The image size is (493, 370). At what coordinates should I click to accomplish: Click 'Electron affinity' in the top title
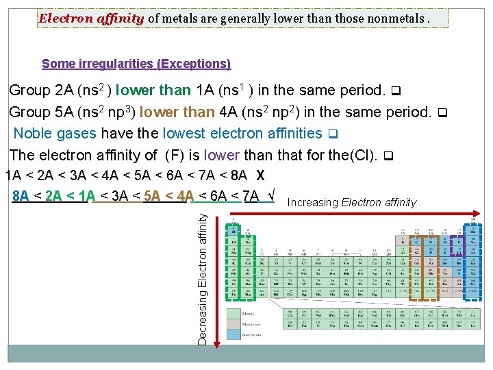click(91, 18)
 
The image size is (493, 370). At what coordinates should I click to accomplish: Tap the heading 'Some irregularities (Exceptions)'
click(136, 64)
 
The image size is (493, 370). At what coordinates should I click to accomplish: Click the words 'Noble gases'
click(55, 134)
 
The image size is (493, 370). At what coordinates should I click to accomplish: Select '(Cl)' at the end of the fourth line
click(363, 155)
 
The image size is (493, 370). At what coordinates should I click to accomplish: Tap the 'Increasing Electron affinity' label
click(352, 202)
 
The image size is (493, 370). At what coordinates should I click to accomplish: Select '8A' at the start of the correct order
click(21, 196)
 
